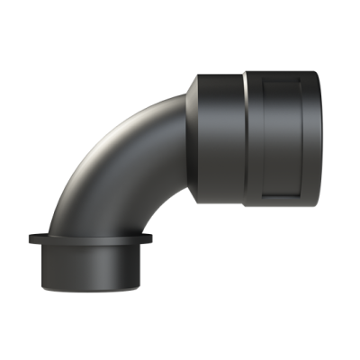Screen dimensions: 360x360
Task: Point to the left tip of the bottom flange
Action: (30, 239)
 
